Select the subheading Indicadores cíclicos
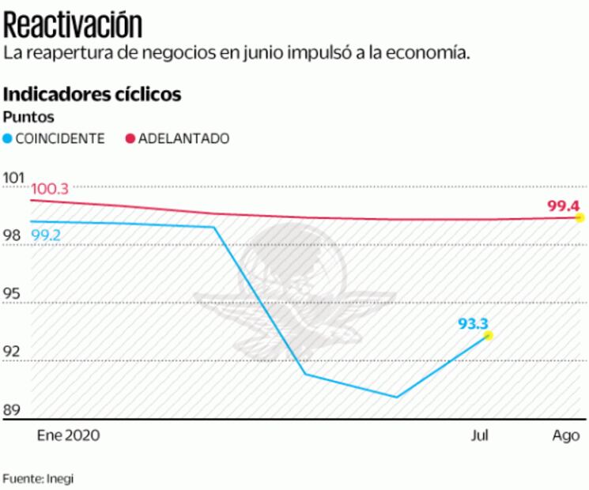coord(93,95)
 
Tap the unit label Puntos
coord(28,117)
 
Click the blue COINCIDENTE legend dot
coord(9,138)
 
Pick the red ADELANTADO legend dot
coord(131,138)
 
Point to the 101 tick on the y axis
coord(14,176)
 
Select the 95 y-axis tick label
coord(13,294)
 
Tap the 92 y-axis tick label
coord(13,352)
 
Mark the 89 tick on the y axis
coord(13,411)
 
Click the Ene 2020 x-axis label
coord(70,435)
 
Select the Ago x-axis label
coord(564,435)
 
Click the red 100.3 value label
coord(49,189)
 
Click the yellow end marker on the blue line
coord(488,335)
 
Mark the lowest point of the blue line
coord(396,397)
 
